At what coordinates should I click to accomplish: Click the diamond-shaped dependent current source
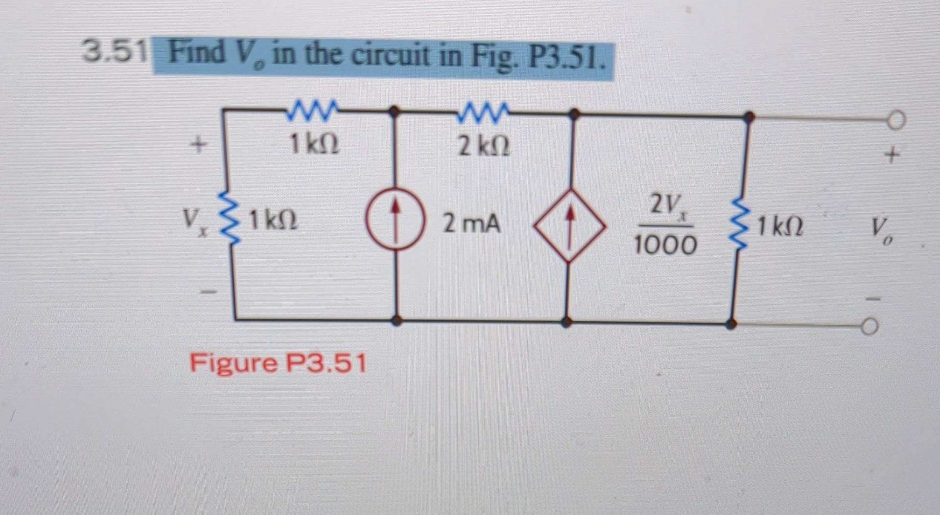tap(569, 226)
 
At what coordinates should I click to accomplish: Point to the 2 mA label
tap(471, 224)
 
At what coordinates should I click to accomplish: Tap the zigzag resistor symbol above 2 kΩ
tap(483, 112)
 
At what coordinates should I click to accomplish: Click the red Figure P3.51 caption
tap(278, 363)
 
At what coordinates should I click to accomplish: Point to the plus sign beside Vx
tap(198, 146)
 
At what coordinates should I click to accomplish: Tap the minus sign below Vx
tap(209, 293)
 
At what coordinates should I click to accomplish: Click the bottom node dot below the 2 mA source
tap(397, 320)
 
